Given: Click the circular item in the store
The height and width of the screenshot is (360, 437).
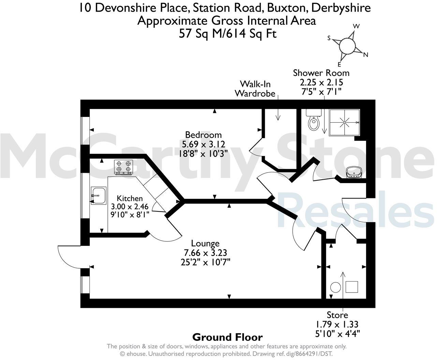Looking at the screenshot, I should tap(336, 287).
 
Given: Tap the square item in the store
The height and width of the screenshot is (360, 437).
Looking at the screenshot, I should tap(352, 287).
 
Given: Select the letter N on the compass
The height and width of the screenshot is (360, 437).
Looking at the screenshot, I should tap(366, 55).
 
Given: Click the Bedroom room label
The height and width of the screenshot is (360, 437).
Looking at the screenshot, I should tap(203, 135).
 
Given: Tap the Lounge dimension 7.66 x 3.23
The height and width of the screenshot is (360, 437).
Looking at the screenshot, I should tap(205, 253).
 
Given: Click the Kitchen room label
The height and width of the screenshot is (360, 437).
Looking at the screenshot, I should tap(130, 198).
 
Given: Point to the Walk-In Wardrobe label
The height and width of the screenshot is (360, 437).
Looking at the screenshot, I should tap(255, 89).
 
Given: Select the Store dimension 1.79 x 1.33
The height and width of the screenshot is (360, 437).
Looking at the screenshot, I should tap(337, 324).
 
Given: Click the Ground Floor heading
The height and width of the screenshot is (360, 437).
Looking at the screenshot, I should tap(228, 337).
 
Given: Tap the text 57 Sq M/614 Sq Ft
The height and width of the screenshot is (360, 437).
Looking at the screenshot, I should tap(228, 34).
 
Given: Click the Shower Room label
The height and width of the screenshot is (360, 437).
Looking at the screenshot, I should tap(321, 73).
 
